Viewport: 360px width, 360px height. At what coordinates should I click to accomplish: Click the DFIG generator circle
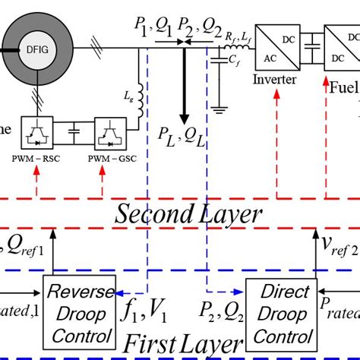coord(37,48)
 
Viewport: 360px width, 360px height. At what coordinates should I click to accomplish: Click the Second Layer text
coord(188,215)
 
